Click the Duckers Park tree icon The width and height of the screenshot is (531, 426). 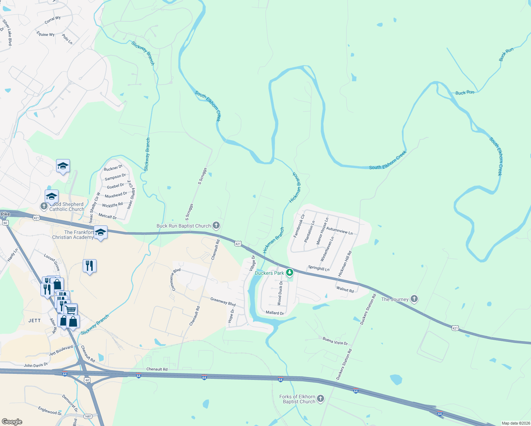point(290,273)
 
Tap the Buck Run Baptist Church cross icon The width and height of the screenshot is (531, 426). point(216,225)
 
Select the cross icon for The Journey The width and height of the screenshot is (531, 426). point(414,299)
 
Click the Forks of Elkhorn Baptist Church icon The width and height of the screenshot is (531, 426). point(321,399)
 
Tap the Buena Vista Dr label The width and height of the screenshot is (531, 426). point(335,341)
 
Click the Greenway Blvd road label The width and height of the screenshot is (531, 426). point(223,302)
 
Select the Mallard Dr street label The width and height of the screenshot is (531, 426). point(275,313)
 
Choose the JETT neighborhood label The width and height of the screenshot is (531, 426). point(34,321)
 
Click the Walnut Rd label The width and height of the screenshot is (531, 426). point(345,290)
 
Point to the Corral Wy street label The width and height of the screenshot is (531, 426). point(53,20)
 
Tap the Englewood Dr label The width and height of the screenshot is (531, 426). point(50,411)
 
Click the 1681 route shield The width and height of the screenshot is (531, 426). point(88,416)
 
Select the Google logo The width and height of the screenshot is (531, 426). point(12,422)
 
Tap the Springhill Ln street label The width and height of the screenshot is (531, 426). point(319,268)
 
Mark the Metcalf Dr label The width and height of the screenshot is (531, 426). point(108,216)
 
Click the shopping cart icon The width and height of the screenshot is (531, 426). point(71,310)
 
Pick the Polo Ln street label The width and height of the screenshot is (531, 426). point(67,39)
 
